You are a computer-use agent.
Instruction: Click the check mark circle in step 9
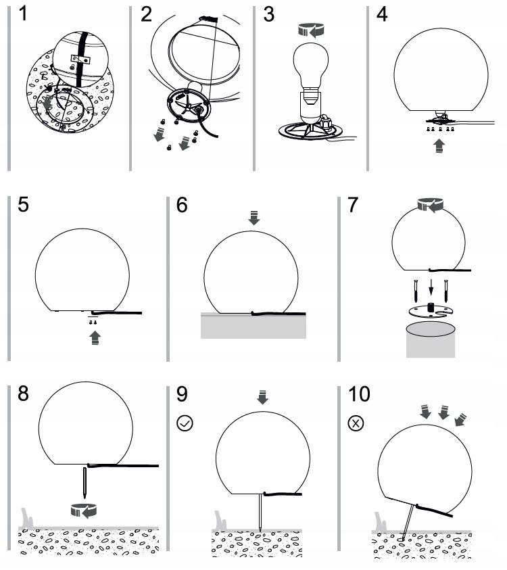(x=184, y=424)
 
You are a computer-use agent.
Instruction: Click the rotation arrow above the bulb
(x=311, y=29)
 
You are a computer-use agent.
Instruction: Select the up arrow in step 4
(x=439, y=146)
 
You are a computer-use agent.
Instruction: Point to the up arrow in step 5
(x=95, y=337)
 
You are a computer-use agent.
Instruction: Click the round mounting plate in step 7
(x=430, y=309)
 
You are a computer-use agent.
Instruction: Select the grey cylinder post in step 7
(x=430, y=340)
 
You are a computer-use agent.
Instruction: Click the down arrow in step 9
(x=262, y=398)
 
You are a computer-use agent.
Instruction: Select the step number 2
(x=146, y=14)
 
